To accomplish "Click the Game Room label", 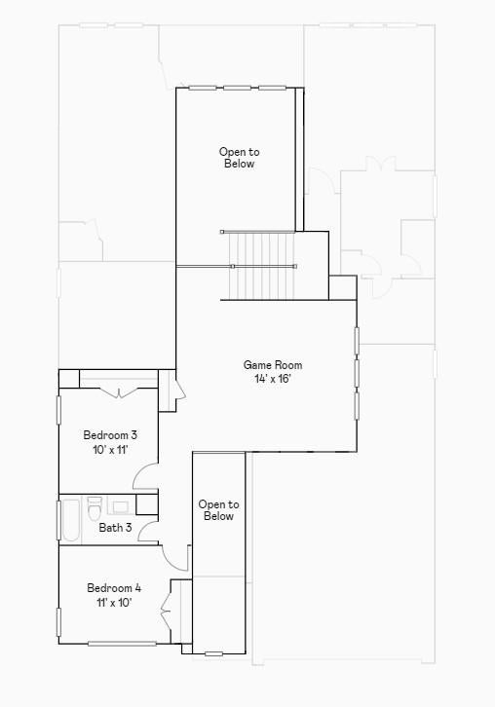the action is pyautogui.click(x=273, y=365).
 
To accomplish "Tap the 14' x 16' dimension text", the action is pyautogui.click(x=272, y=379).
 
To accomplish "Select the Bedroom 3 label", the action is pyautogui.click(x=110, y=435).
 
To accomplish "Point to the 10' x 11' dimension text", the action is pyautogui.click(x=110, y=450).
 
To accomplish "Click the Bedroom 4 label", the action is pyautogui.click(x=114, y=588).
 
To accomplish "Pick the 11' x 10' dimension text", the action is pyautogui.click(x=114, y=603).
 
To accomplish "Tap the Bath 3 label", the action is pyautogui.click(x=116, y=527).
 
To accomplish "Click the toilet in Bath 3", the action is pyautogui.click(x=95, y=507).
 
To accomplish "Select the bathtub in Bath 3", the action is pyautogui.click(x=70, y=520).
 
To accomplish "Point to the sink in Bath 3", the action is pyautogui.click(x=121, y=506).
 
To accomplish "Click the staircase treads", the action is pyautogui.click(x=262, y=266).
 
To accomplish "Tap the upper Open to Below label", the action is pyautogui.click(x=239, y=158).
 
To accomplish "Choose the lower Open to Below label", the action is pyautogui.click(x=219, y=510).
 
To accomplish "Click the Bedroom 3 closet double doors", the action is pyautogui.click(x=119, y=392).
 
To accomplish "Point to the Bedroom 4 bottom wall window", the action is pyautogui.click(x=122, y=644).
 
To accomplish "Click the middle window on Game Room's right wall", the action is pyautogui.click(x=357, y=373).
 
